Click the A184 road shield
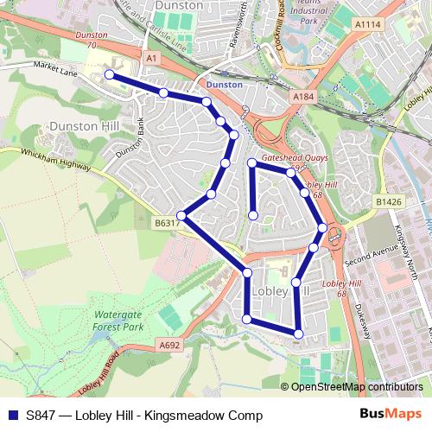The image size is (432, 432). (x=302, y=98)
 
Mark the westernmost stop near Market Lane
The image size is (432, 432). (x=110, y=75)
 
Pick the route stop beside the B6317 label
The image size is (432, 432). (x=181, y=215)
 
